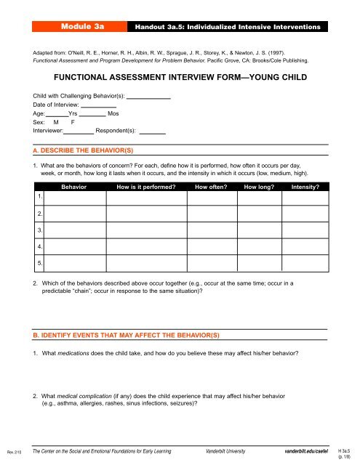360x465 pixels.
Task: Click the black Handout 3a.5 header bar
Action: pos(228,26)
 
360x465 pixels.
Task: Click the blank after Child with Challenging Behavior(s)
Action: pos(149,97)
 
